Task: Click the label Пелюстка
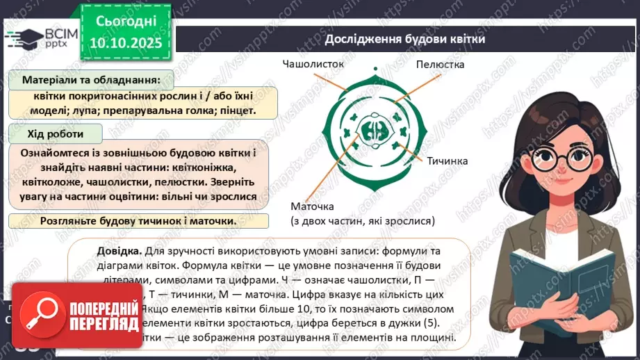(440, 64)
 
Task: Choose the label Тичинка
(448, 161)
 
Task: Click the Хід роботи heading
(56, 133)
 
